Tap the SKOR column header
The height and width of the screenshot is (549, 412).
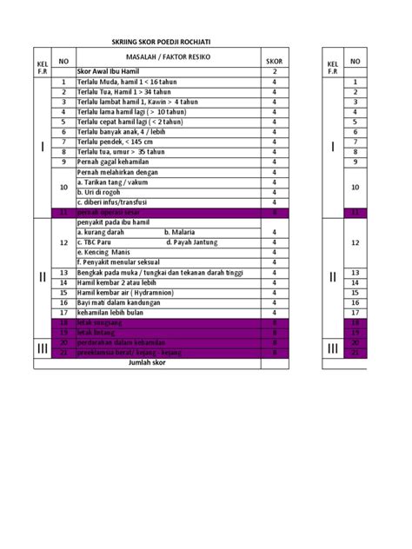274,62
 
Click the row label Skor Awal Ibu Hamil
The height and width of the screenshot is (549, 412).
111,70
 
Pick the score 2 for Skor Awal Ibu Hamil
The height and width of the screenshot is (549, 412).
274,70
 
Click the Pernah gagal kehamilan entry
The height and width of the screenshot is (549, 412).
113,162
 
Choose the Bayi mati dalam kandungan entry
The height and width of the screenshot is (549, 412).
122,302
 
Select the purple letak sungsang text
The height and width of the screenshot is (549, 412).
103,322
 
